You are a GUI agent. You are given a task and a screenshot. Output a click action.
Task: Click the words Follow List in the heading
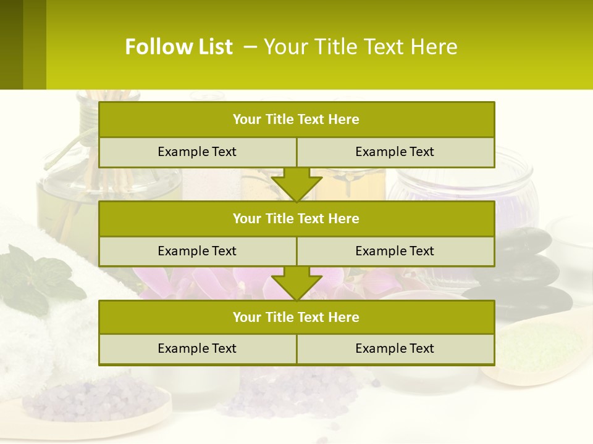click(179, 47)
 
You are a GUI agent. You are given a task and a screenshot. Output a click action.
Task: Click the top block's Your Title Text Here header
click(296, 120)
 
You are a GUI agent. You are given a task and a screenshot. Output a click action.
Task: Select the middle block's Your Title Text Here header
click(296, 218)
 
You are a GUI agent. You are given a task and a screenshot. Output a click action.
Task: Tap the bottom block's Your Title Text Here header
click(296, 317)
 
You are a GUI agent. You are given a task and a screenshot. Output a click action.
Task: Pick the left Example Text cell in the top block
click(197, 152)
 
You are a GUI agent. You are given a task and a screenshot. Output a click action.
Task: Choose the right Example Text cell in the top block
click(395, 152)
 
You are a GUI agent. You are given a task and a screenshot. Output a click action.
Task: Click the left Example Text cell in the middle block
click(197, 251)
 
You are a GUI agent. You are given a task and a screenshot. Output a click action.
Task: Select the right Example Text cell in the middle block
click(395, 251)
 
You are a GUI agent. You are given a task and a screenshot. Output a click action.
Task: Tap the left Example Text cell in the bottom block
click(197, 348)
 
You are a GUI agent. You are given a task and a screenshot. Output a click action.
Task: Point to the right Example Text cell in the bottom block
click(395, 348)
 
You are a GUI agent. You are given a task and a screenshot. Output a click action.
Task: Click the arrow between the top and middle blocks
click(296, 184)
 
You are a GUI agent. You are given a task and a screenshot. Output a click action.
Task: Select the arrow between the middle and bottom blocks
click(296, 283)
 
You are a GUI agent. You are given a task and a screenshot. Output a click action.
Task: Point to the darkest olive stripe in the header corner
click(11, 44)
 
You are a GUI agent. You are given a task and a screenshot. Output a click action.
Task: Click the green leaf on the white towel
click(37, 277)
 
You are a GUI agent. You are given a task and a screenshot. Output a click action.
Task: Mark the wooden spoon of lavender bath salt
click(93, 404)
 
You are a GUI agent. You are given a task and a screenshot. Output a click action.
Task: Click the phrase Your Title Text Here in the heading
click(361, 47)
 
